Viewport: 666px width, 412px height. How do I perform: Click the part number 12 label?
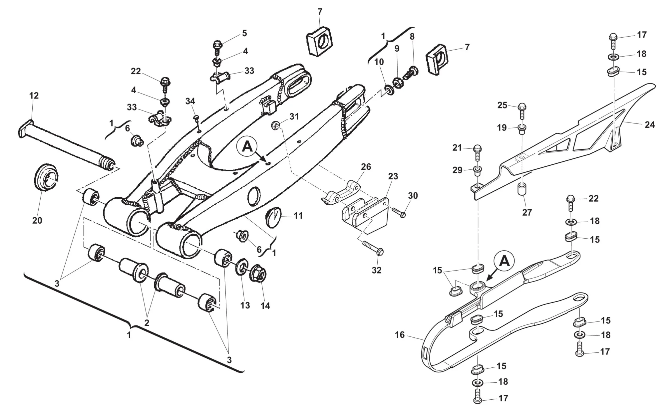pyautogui.click(x=34, y=96)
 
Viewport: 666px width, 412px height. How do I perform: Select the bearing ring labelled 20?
pyautogui.click(x=46, y=177)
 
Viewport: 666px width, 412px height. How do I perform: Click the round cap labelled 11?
pyautogui.click(x=273, y=215)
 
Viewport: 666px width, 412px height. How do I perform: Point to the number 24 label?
pyautogui.click(x=650, y=125)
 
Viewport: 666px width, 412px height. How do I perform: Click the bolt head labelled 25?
pyautogui.click(x=522, y=108)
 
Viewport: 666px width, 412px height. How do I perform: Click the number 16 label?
pyautogui.click(x=400, y=335)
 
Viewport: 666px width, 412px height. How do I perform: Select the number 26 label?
pyautogui.click(x=366, y=167)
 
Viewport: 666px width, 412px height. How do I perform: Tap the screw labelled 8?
pyautogui.click(x=412, y=74)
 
